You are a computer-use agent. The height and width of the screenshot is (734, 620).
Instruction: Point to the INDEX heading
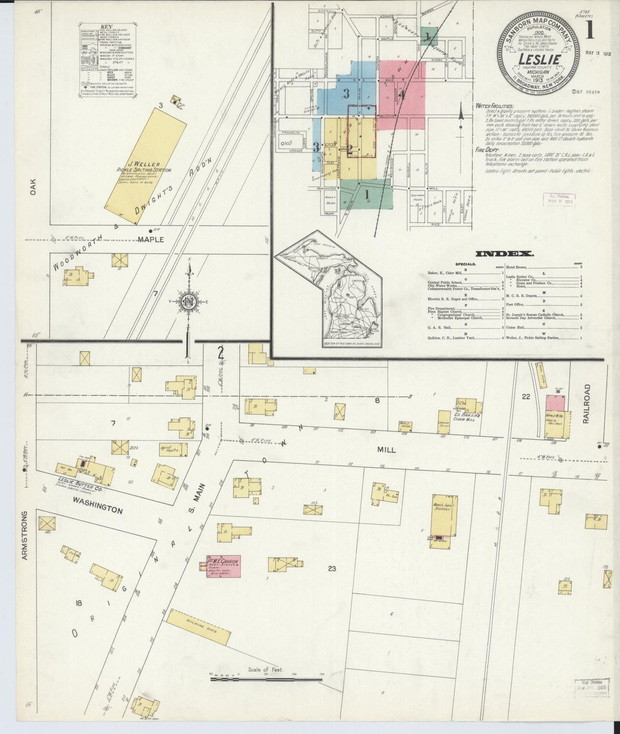[505, 254]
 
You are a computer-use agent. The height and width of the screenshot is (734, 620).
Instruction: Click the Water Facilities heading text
[494, 105]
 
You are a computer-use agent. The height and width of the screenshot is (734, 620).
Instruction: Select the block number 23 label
[331, 570]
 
